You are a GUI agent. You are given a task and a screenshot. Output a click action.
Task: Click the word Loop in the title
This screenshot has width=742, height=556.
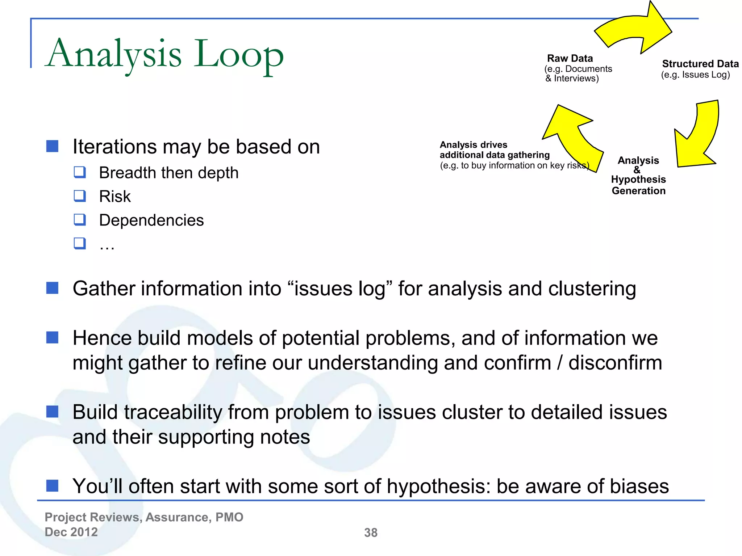pyautogui.click(x=238, y=54)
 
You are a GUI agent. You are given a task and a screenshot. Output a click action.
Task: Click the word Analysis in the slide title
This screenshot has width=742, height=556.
pyautogui.click(x=114, y=54)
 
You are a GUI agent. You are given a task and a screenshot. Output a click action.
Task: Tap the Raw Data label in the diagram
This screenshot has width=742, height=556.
pyautogui.click(x=570, y=58)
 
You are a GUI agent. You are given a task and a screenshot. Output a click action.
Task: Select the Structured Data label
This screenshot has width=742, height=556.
pyautogui.click(x=700, y=64)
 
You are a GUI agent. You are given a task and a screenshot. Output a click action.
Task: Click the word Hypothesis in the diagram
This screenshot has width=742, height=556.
pyautogui.click(x=638, y=179)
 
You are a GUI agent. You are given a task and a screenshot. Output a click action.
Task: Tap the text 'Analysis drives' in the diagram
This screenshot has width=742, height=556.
pyautogui.click(x=473, y=145)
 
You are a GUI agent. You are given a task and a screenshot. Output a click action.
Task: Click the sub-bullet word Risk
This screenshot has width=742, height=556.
pyautogui.click(x=115, y=197)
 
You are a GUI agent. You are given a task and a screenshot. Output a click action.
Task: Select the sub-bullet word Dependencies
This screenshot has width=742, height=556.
pyautogui.click(x=151, y=220)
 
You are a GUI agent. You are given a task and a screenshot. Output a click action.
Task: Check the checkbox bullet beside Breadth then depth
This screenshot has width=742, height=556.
pyautogui.click(x=80, y=172)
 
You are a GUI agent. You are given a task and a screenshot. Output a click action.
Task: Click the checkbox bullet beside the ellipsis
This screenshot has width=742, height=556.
pyautogui.click(x=80, y=243)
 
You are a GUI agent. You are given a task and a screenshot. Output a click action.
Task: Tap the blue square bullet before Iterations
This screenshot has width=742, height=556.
pyautogui.click(x=53, y=146)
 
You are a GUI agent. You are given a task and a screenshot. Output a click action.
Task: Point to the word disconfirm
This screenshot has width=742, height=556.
pyautogui.click(x=615, y=363)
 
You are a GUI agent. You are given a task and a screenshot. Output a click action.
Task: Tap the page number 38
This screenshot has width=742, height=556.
pyautogui.click(x=371, y=532)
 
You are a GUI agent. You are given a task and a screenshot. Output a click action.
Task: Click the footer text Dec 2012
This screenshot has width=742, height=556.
pyautogui.click(x=71, y=532)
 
